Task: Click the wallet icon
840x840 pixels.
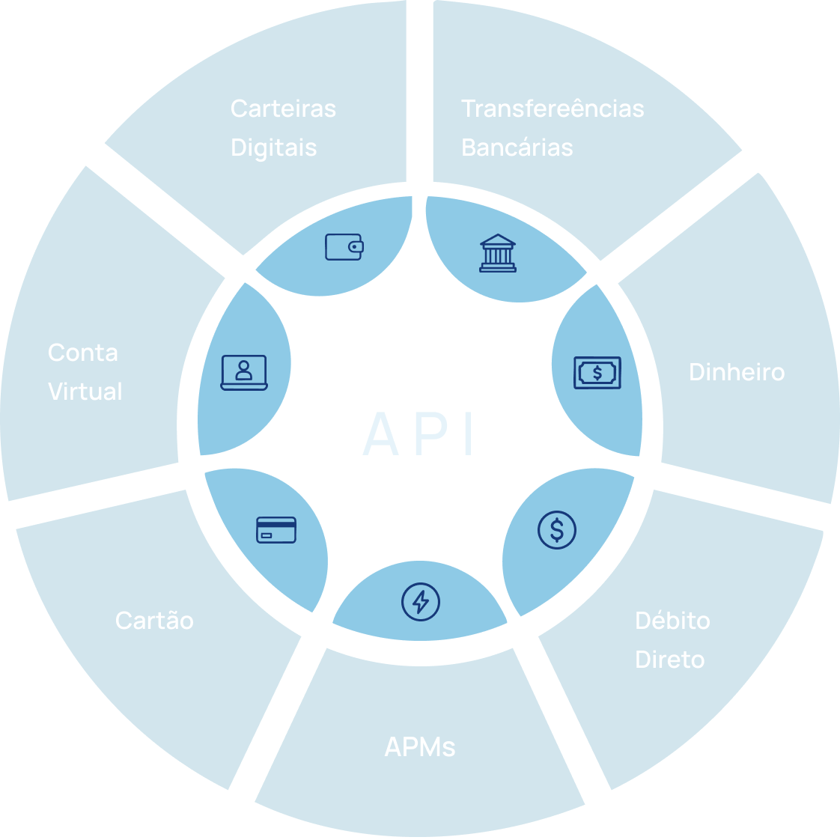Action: [x=344, y=246]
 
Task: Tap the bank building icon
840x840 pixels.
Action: [x=498, y=253]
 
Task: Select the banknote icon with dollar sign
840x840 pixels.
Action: [x=597, y=372]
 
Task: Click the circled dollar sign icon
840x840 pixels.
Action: [x=557, y=529]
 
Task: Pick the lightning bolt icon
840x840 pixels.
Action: [x=421, y=601]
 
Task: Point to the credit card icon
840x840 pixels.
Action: [x=276, y=529]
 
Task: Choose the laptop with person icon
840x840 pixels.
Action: [x=244, y=372]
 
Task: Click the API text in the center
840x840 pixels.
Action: [x=420, y=433]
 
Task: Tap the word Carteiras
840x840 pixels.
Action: [x=283, y=109]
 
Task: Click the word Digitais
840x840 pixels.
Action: [x=273, y=147]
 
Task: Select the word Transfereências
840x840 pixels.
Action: [x=553, y=109]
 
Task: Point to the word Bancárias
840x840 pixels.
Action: [x=517, y=147]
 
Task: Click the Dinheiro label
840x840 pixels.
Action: [x=737, y=372]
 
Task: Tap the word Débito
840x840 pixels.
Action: [x=672, y=621]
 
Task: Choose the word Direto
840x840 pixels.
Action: [x=669, y=660]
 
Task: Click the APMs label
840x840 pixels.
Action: [x=420, y=746]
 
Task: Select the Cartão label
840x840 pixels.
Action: [x=154, y=621]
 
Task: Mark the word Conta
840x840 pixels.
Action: [x=83, y=353]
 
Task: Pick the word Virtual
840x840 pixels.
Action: [x=85, y=392]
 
